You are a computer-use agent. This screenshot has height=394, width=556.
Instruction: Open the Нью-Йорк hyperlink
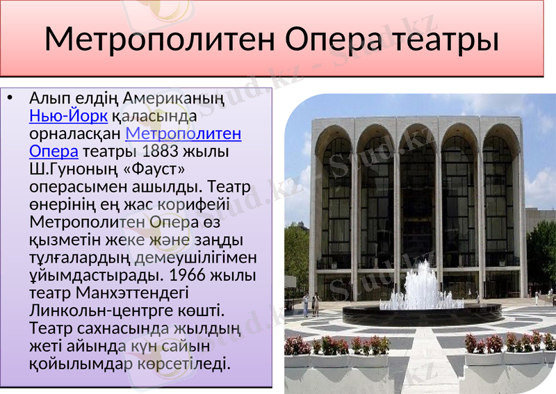coord(68,115)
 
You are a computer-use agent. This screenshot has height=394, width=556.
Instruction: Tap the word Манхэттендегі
coord(129,293)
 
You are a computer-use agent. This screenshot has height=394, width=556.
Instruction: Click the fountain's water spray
coord(421,286)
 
